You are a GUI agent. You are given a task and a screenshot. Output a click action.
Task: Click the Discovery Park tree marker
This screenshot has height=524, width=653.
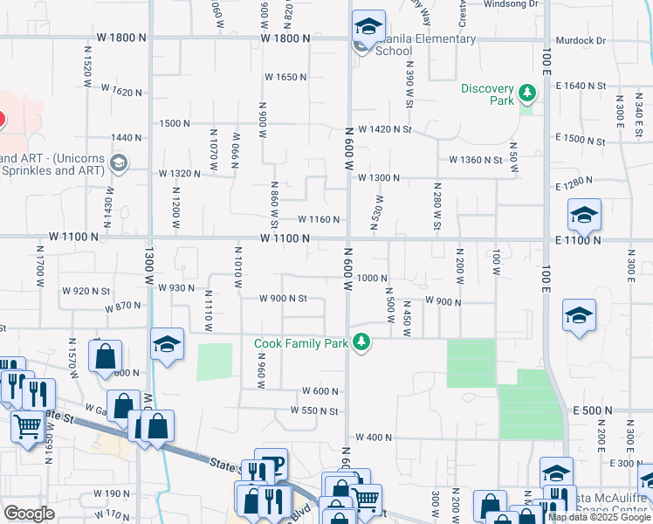click(x=526, y=92)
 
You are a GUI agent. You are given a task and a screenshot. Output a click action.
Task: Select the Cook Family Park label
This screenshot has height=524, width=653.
click(x=302, y=343)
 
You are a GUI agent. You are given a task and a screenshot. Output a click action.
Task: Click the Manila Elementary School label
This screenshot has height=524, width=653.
click(x=426, y=45)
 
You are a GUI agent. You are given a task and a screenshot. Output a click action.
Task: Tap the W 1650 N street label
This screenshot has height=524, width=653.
click(x=287, y=77)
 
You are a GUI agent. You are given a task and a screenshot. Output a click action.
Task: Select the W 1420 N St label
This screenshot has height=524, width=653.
click(x=384, y=130)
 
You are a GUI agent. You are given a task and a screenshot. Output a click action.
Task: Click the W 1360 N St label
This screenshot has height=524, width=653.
click(x=476, y=160)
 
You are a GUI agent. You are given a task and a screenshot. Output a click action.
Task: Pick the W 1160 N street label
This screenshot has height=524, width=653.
click(x=319, y=219)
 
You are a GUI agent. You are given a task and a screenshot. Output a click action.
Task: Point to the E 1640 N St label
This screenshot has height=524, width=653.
click(x=580, y=86)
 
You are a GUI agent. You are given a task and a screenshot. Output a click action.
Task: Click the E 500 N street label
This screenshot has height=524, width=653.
click(x=593, y=410)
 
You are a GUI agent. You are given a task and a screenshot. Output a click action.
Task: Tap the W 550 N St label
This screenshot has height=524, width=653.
click(x=313, y=410)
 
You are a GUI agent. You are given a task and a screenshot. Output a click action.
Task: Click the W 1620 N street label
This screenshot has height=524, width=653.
click(x=121, y=90)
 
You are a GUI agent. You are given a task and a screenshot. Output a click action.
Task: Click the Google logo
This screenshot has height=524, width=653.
click(x=29, y=514)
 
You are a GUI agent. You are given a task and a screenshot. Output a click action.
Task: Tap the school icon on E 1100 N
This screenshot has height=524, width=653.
click(x=584, y=215)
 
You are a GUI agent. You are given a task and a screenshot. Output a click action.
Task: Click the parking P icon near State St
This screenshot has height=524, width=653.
click(x=273, y=463)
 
